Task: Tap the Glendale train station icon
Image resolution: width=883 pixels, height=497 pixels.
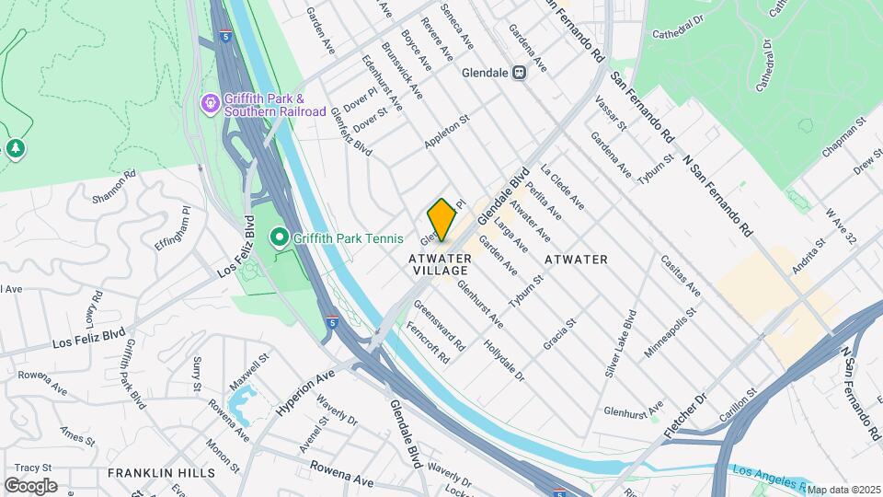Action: point(520,73)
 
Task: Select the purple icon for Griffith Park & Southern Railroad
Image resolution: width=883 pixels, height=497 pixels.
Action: point(211,102)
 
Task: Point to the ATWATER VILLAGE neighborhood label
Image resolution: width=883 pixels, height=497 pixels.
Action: point(439,265)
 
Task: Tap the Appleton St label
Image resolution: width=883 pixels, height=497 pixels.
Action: point(447,132)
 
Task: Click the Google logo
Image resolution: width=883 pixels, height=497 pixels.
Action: point(30,486)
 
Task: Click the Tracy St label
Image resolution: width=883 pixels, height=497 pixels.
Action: point(33,468)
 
